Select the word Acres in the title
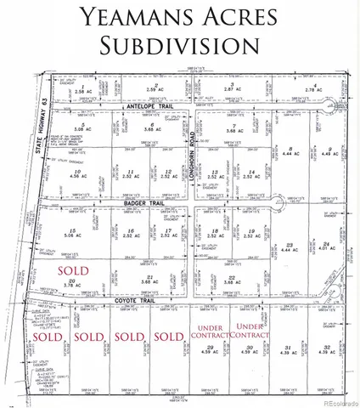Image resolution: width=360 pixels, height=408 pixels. [245, 16]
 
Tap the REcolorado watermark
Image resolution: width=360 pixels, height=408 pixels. [335, 400]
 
